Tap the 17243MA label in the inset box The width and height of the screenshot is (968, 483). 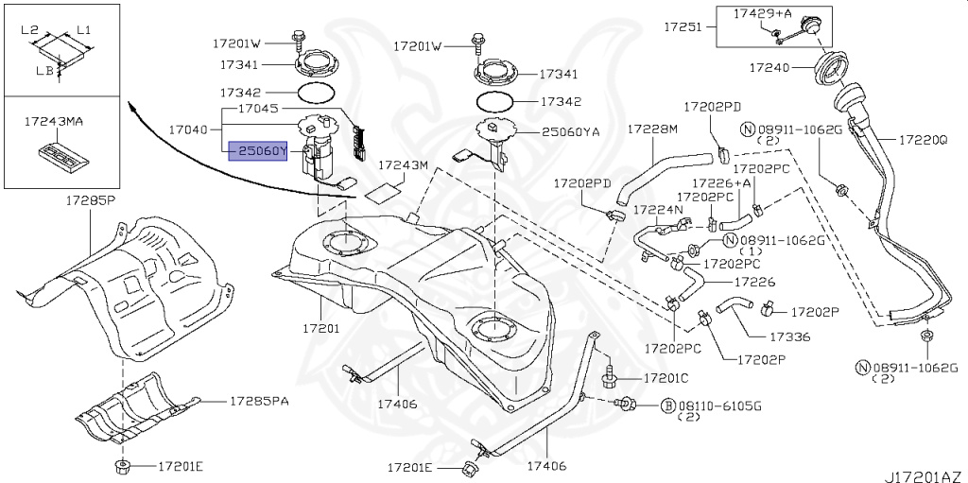(x=53, y=122)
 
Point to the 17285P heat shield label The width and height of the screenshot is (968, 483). (x=90, y=200)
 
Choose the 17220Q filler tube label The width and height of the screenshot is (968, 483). (x=923, y=139)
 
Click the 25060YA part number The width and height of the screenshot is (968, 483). (x=571, y=133)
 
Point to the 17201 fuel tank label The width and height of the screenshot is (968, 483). (x=321, y=329)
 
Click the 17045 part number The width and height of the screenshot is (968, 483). (x=258, y=109)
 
